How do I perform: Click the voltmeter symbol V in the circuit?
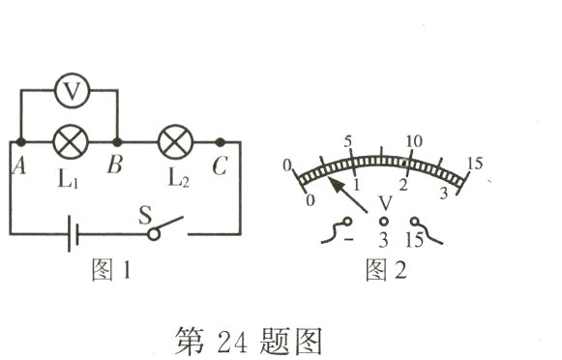[69, 92]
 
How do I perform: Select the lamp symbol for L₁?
[69, 140]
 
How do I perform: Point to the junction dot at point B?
[117, 141]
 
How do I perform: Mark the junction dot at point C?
[221, 141]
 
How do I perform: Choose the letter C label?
[221, 165]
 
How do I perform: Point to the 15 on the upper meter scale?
[474, 164]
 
